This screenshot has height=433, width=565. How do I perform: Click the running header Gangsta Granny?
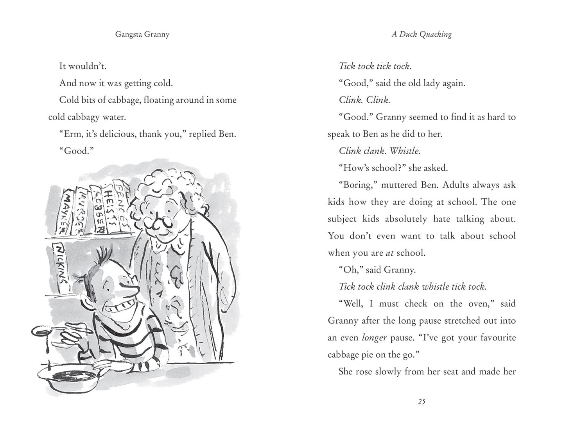pos(142,34)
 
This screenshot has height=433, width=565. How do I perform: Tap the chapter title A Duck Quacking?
pos(422,34)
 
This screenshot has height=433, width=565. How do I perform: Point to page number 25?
pos(422,401)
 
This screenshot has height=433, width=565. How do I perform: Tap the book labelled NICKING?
pos(62,266)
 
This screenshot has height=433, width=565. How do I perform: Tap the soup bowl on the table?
pos(69,377)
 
